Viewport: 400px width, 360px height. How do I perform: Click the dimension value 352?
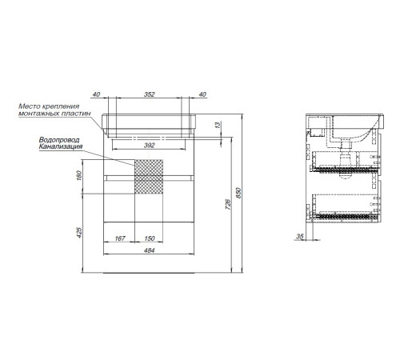149,94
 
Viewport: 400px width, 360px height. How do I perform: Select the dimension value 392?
149,146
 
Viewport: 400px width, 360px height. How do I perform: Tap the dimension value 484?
149,250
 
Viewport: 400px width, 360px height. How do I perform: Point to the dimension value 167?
120,238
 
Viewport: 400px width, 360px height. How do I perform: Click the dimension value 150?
150,238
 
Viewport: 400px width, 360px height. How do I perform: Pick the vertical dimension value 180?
79,175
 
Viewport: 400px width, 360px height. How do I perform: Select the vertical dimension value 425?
79,233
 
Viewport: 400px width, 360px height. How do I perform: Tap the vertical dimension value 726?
228,204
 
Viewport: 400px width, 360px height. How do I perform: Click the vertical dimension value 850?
238,193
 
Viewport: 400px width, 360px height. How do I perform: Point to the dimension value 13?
218,125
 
